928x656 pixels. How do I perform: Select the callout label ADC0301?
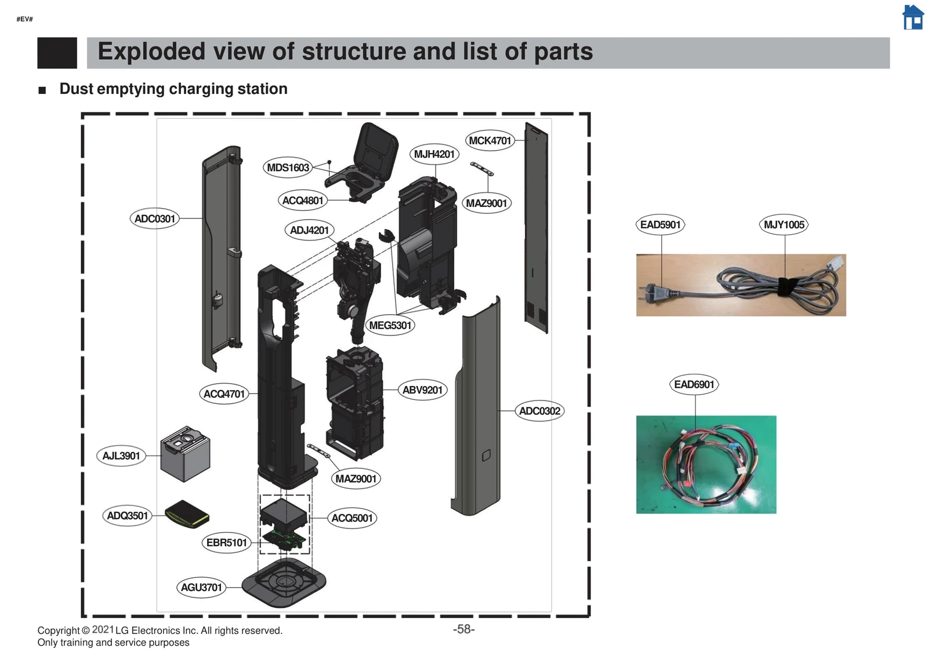click(x=154, y=218)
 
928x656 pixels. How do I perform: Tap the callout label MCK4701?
click(x=490, y=140)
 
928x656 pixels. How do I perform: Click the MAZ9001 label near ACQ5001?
click(x=356, y=479)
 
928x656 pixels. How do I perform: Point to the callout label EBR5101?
click(x=226, y=542)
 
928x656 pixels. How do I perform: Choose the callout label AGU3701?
click(x=201, y=587)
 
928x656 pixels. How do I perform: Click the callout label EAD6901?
click(x=694, y=384)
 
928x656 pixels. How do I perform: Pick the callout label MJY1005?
click(x=784, y=224)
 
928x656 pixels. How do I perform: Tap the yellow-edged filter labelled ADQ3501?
click(x=186, y=514)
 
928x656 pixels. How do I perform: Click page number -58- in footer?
click(x=463, y=629)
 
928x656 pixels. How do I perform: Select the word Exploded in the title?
click(x=151, y=52)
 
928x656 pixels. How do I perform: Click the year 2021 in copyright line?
click(x=103, y=629)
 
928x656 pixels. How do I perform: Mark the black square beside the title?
click(x=57, y=53)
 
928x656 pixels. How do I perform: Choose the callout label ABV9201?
click(x=422, y=390)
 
